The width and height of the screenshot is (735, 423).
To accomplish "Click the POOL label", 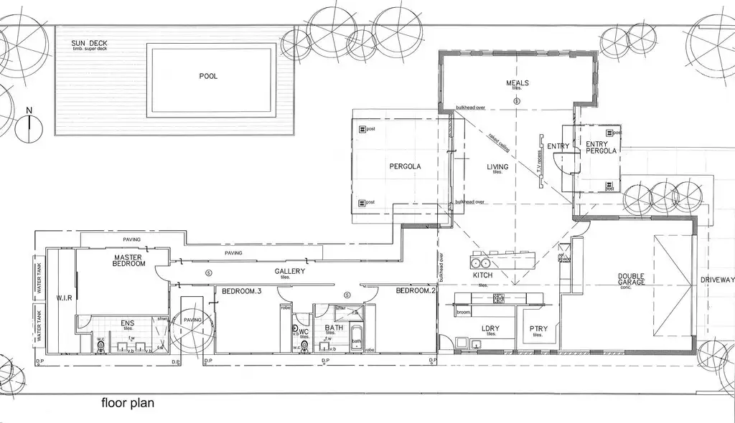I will [x=208, y=76].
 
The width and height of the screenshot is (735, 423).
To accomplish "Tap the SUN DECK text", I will [x=89, y=44].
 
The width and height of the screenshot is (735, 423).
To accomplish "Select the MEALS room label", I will [x=517, y=83].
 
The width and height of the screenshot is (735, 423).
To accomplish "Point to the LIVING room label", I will [x=497, y=167].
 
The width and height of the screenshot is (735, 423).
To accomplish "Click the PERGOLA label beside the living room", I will [x=405, y=166].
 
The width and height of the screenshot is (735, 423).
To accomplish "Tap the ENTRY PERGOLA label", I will [x=601, y=148].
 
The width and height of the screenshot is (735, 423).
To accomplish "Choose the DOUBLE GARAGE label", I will [x=632, y=280].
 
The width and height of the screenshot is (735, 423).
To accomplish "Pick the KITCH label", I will [x=482, y=275].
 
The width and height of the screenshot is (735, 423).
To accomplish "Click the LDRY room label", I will [x=491, y=329].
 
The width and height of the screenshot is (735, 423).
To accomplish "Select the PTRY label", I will [x=538, y=329].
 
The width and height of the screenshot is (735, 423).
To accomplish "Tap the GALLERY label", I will [x=290, y=272].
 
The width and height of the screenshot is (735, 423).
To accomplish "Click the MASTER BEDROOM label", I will [x=129, y=260].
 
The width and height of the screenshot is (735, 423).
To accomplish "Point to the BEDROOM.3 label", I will [x=242, y=291].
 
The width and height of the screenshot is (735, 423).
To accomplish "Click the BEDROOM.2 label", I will [x=416, y=291].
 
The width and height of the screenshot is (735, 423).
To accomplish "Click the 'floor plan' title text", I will [x=127, y=403].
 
